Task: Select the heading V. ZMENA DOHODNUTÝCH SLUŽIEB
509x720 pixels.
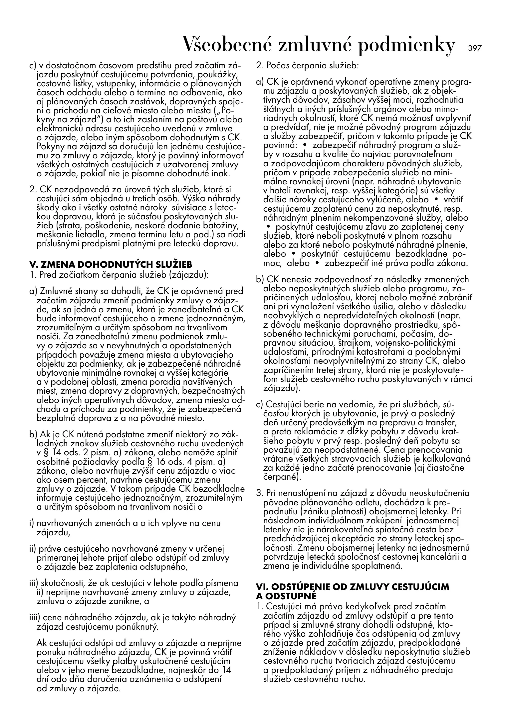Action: tap(111, 265)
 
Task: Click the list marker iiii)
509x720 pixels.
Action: tap(35, 618)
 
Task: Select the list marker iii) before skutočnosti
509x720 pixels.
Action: tap(34, 583)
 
